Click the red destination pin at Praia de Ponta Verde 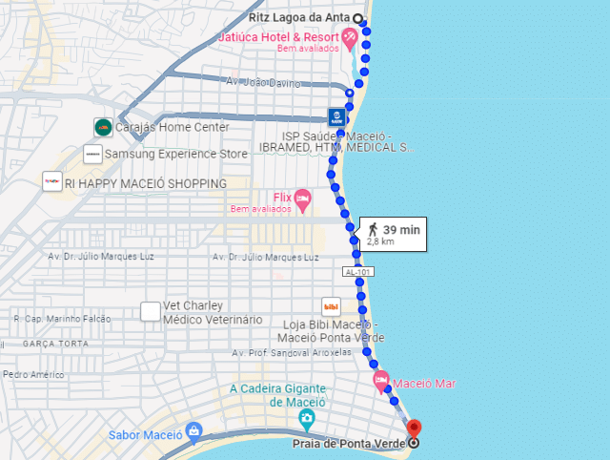pyautogui.click(x=414, y=429)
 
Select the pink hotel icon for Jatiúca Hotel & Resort pyautogui.click(x=351, y=39)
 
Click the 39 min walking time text pyautogui.click(x=400, y=229)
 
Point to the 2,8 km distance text pyautogui.click(x=380, y=242)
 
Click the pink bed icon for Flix pyautogui.click(x=303, y=199)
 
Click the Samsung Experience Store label pyautogui.click(x=175, y=154)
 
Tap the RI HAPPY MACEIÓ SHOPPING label pyautogui.click(x=146, y=182)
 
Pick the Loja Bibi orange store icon pyautogui.click(x=332, y=307)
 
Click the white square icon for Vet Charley pyautogui.click(x=150, y=311)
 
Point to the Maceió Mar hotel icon pyautogui.click(x=380, y=383)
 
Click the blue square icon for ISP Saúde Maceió pyautogui.click(x=336, y=117)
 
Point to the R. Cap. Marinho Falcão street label pyautogui.click(x=62, y=319)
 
